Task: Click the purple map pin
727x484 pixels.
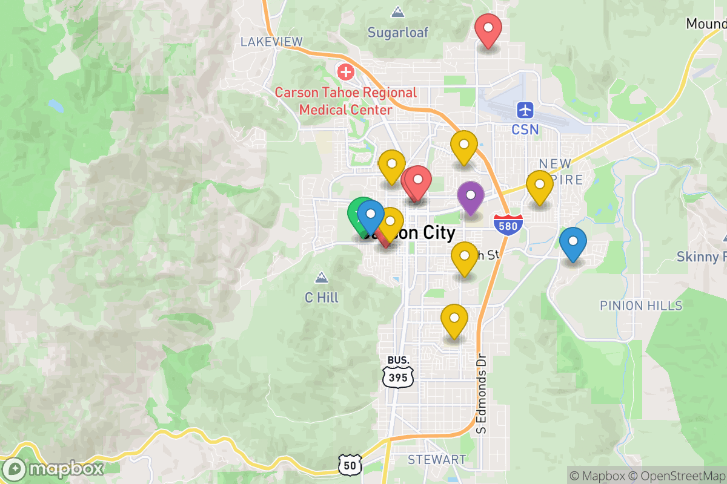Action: pyautogui.click(x=470, y=196)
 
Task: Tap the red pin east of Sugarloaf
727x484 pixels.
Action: pyautogui.click(x=488, y=29)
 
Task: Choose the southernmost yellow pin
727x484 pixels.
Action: pyautogui.click(x=454, y=319)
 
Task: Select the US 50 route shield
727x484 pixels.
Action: pyautogui.click(x=350, y=464)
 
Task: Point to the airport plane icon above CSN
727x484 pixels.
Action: pyautogui.click(x=525, y=110)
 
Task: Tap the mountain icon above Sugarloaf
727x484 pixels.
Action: pyautogui.click(x=398, y=12)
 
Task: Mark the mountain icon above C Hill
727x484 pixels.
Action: pyautogui.click(x=321, y=278)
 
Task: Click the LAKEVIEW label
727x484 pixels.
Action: pyautogui.click(x=271, y=42)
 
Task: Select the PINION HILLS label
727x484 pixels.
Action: pyautogui.click(x=641, y=306)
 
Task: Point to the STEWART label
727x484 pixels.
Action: pyautogui.click(x=437, y=460)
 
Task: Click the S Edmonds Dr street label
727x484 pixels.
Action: pyautogui.click(x=482, y=393)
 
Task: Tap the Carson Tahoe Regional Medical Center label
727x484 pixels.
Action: pyautogui.click(x=346, y=101)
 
